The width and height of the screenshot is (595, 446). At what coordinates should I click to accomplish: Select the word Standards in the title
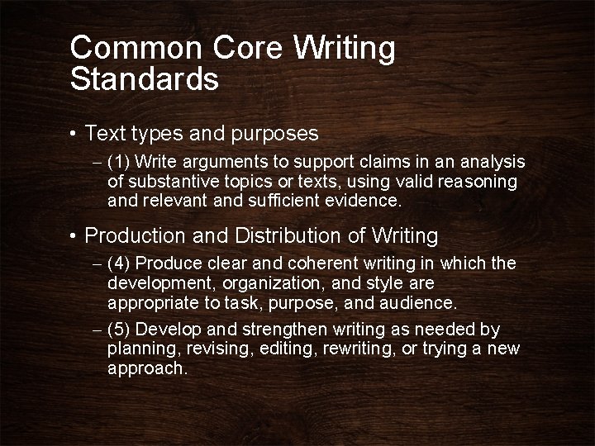point(144,79)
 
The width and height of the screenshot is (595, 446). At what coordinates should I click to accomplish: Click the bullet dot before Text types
point(74,133)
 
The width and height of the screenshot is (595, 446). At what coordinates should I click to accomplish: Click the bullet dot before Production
point(74,236)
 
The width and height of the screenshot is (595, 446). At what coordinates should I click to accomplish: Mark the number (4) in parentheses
point(120,264)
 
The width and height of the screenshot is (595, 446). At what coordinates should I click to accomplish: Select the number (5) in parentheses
point(120,330)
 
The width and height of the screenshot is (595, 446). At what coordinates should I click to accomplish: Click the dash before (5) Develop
point(97,330)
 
